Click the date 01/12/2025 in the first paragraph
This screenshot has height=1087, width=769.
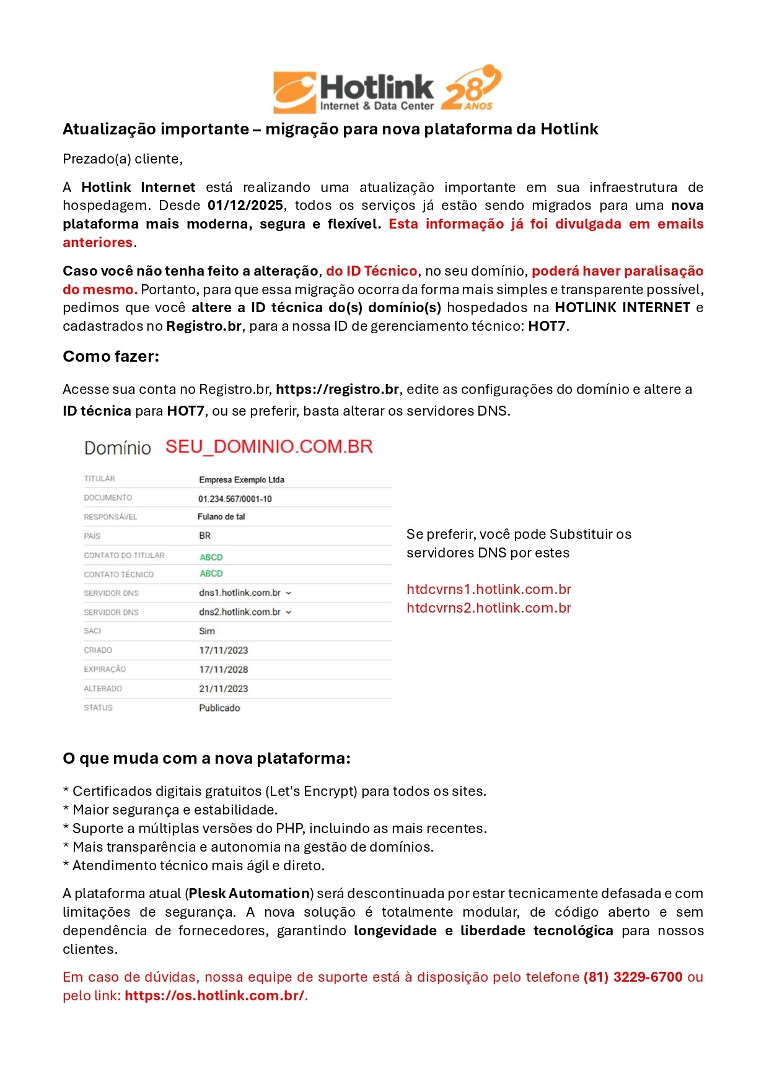coord(245,206)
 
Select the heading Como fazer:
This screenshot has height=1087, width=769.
coord(111,357)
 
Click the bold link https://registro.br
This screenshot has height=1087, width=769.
coord(337,390)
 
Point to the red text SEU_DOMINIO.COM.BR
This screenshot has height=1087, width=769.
coord(269,447)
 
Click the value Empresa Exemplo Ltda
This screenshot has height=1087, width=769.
coord(242,480)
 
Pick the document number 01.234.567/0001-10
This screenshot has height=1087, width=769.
coord(235,499)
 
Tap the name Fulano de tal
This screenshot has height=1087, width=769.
coord(221,517)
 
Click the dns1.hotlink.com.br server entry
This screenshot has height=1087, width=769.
coord(240,593)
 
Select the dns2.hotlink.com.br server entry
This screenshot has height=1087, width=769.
coord(240,613)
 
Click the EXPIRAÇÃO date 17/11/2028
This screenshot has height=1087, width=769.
coord(223,670)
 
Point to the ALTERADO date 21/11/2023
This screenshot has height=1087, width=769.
coord(223,689)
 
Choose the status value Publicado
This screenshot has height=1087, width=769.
coord(219,709)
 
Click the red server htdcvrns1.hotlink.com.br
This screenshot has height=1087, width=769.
coord(489,590)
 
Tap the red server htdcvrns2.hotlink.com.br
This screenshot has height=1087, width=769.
coord(489,608)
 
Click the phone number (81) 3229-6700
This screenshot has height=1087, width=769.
coord(633,977)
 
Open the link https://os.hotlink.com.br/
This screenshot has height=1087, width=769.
coord(214,996)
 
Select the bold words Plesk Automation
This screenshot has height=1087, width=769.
coord(249,894)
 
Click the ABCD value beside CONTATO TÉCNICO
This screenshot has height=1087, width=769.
coord(211,574)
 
